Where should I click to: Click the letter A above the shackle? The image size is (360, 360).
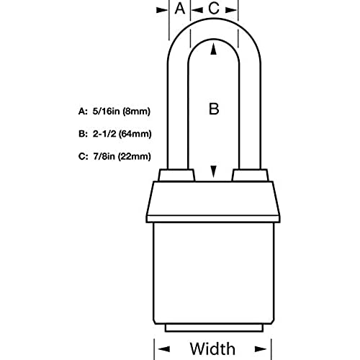click(x=180, y=9)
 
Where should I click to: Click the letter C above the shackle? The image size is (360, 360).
click(x=214, y=9)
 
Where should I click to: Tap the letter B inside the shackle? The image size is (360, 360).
click(x=214, y=109)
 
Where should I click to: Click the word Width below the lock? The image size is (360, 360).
click(x=212, y=348)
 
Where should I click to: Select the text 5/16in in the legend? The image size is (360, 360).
click(x=106, y=112)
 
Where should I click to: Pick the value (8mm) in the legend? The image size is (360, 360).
click(x=136, y=112)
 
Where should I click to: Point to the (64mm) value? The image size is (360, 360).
click(x=135, y=134)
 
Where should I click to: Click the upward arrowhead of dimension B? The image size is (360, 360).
click(x=213, y=50)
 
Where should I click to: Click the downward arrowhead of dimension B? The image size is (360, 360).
click(x=213, y=171)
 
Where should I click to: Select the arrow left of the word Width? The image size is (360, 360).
click(x=164, y=349)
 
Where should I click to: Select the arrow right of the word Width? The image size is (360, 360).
click(x=261, y=349)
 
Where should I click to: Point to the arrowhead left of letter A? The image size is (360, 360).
click(x=161, y=10)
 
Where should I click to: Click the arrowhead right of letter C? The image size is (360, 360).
click(x=231, y=10)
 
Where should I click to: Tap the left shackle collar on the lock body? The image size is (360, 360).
click(x=176, y=175)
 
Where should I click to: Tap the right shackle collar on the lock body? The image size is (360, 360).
click(x=250, y=175)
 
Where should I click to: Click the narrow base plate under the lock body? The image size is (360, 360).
click(x=214, y=328)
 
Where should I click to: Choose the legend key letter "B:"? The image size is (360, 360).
click(x=83, y=134)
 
